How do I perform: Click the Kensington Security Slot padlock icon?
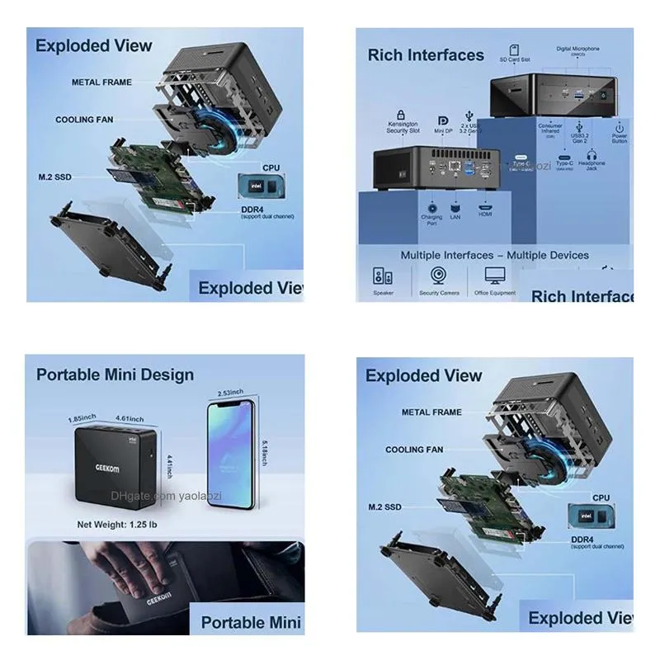[x=401, y=114]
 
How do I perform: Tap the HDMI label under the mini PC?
[x=486, y=214]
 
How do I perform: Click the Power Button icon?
[x=619, y=128]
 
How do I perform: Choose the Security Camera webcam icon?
[x=439, y=275]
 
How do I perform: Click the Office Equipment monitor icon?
[x=495, y=275]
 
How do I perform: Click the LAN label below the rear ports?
[x=455, y=215]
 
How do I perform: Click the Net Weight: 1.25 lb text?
[x=117, y=524]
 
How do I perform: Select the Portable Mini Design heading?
[x=115, y=375]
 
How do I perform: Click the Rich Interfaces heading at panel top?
[x=426, y=55]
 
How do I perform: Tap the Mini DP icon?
[x=443, y=120]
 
